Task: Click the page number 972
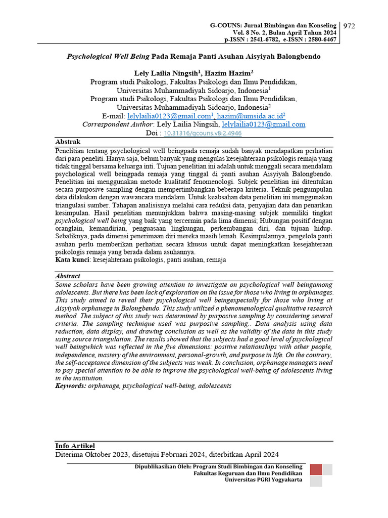(349, 26)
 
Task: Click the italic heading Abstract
(68, 276)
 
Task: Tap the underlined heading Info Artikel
(75, 446)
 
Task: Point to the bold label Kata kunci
(72, 260)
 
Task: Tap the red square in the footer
(316, 469)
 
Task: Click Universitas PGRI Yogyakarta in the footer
(264, 480)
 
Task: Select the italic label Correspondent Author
(118, 124)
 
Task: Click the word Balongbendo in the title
(298, 56)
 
